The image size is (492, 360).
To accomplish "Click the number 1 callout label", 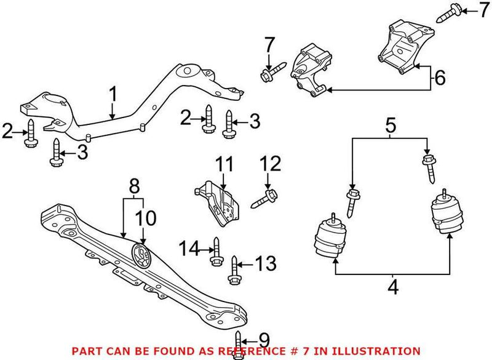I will [113, 94].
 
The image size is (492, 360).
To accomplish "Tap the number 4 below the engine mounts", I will [392, 287].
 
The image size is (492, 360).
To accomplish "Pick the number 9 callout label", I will [264, 339].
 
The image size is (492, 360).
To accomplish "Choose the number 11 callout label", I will [223, 164].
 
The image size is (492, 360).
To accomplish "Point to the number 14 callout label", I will [189, 249].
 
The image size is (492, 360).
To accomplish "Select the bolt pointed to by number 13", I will [233, 271].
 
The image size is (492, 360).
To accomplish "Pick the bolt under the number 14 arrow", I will [216, 253].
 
